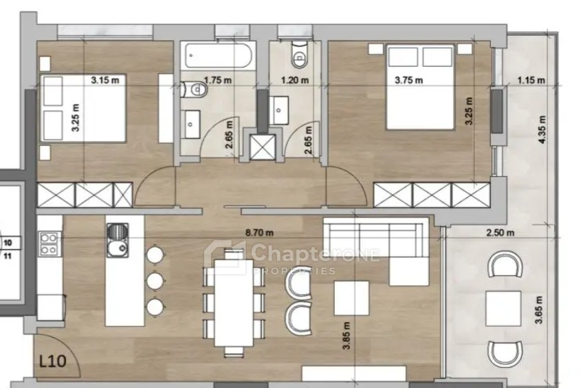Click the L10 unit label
coord(53,361)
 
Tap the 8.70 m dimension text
coord(259,233)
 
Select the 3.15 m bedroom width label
coord(105,80)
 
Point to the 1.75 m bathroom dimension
coord(218,80)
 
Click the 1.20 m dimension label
coord(295,80)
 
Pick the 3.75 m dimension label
coord(408,80)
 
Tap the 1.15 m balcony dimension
coord(531,80)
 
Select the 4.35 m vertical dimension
coord(542,130)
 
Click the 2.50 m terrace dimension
coord(500,233)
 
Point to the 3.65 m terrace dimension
coord(540,310)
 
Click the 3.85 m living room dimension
coord(346,336)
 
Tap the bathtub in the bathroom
coord(219,56)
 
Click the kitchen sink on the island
coord(118,240)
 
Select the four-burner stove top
coord(49,243)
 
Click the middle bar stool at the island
coord(155,281)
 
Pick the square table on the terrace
coord(503,308)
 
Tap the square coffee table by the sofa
coord(352,298)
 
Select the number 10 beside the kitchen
coord(8,243)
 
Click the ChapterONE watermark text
coord(315,253)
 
